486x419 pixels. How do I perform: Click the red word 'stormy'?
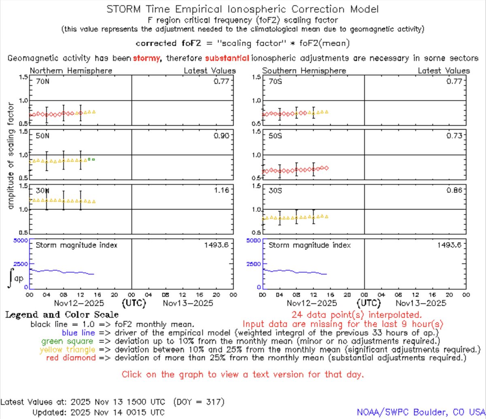(146, 59)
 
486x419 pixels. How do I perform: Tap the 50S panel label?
(275, 136)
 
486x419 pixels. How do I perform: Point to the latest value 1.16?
(222, 190)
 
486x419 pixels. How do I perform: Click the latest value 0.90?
(222, 136)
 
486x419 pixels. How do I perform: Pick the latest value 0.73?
(454, 136)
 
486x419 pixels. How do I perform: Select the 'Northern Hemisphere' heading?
(71, 71)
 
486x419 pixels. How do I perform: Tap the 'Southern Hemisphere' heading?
(304, 71)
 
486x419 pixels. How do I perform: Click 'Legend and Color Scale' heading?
(62, 315)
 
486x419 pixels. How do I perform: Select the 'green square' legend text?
(53, 341)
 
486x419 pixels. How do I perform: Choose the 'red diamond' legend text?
(65, 358)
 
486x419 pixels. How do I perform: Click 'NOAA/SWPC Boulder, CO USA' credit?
(421, 412)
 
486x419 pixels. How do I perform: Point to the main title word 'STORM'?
(124, 9)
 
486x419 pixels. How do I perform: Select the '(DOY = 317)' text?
(198, 402)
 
